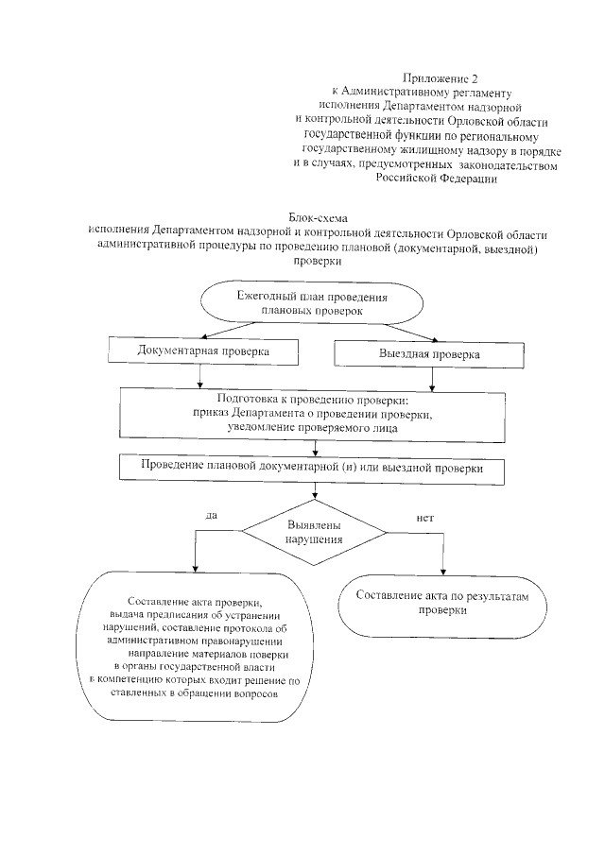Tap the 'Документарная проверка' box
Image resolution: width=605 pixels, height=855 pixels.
click(203, 351)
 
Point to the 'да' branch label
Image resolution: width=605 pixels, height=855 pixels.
click(211, 515)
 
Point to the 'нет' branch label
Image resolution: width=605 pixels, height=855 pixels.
click(424, 517)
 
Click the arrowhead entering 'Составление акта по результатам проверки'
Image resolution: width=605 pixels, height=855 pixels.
click(445, 570)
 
